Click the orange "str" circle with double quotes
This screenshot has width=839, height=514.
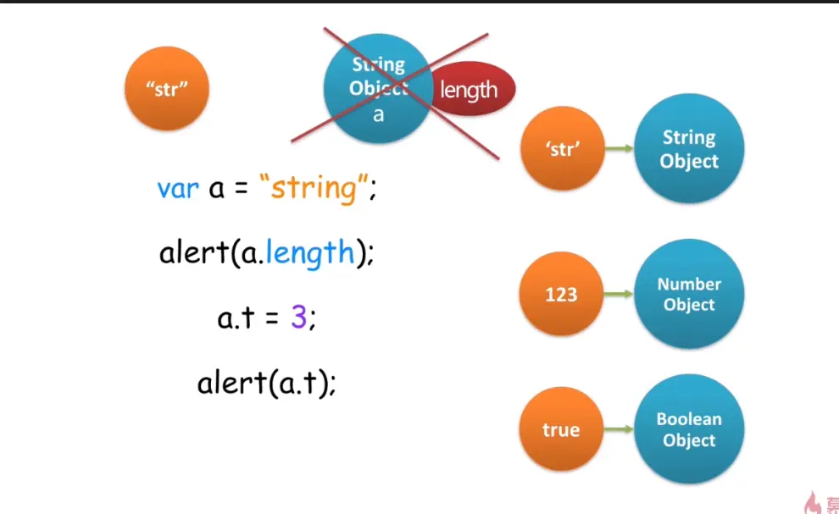166,89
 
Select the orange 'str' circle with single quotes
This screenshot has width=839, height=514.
563,150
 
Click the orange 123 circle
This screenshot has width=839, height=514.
561,295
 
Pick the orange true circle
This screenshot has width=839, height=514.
561,429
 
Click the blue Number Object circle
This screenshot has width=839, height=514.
689,295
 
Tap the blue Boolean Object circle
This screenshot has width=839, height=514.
689,429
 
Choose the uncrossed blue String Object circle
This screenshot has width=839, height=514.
689,150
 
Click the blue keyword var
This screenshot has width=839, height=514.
177,188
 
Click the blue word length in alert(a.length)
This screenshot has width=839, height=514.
309,252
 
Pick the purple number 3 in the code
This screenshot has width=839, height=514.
298,318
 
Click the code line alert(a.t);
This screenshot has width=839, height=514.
267,383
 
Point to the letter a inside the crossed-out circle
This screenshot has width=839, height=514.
379,114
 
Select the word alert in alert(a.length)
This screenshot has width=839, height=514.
193,252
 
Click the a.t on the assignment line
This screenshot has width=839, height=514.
236,318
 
